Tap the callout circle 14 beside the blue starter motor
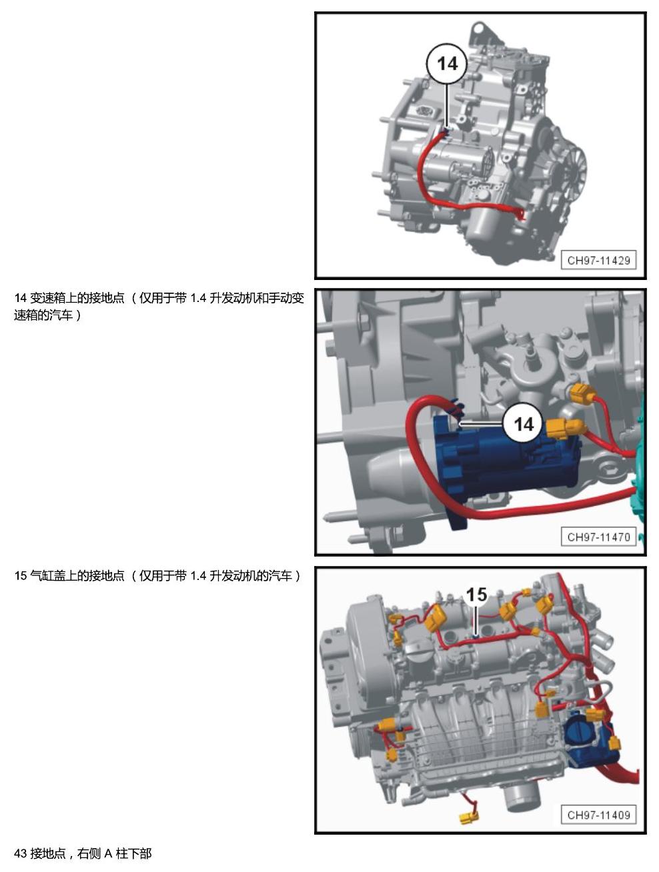(524, 424)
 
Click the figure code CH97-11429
(598, 261)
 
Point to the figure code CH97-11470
(598, 537)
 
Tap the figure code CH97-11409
(598, 815)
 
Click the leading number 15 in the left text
(21, 575)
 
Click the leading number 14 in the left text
(21, 298)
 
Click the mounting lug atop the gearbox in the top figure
(480, 34)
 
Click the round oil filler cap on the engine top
(418, 652)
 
